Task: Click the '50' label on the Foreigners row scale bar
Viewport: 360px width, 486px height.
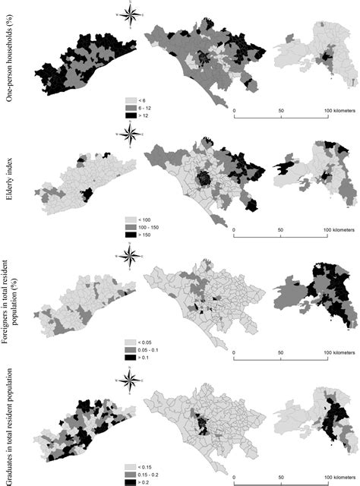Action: click(x=282, y=352)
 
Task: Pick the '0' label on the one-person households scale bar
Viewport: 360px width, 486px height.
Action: click(x=235, y=110)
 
